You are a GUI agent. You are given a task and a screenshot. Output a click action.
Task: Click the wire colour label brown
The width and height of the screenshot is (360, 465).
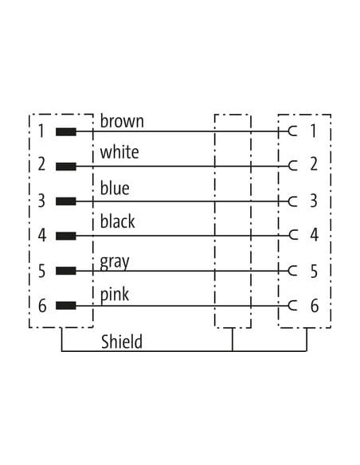click(x=122, y=121)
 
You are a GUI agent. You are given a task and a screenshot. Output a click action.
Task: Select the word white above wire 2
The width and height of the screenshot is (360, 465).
click(x=119, y=152)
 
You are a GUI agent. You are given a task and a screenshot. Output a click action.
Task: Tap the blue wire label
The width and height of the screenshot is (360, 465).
click(x=115, y=188)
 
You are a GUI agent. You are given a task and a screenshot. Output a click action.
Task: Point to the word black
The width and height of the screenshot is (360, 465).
click(x=117, y=221)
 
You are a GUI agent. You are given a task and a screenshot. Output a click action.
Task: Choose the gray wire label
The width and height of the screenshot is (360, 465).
click(x=115, y=263)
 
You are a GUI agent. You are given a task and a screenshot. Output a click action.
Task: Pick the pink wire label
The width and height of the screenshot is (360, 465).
click(x=115, y=295)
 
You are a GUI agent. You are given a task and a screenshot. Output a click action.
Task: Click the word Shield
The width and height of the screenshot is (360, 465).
click(x=122, y=342)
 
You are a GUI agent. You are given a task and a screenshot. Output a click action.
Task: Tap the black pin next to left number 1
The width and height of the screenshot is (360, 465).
click(x=66, y=131)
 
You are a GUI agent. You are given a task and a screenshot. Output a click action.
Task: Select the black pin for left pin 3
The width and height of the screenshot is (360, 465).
click(x=66, y=201)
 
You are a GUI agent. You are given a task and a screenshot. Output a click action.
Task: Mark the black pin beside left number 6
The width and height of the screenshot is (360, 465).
click(x=66, y=306)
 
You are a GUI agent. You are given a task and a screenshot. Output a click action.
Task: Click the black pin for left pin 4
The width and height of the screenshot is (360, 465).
click(x=66, y=236)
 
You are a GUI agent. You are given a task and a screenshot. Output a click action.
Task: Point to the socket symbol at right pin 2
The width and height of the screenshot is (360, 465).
click(x=292, y=166)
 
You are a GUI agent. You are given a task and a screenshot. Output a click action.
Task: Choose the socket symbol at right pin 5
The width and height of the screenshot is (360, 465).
click(x=292, y=271)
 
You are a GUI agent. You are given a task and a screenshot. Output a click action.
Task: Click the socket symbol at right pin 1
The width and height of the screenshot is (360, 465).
click(x=292, y=131)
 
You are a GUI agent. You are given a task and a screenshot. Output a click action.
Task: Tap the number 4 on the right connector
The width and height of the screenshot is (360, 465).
click(x=315, y=235)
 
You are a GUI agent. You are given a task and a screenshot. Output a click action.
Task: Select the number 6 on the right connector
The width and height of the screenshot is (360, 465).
click(x=315, y=306)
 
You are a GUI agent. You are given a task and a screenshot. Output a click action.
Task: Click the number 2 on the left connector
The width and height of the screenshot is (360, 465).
click(x=41, y=164)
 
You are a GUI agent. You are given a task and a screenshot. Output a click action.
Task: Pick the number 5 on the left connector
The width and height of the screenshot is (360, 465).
click(x=41, y=271)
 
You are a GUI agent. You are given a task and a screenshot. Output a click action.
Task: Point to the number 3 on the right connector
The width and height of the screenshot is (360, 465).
click(x=314, y=201)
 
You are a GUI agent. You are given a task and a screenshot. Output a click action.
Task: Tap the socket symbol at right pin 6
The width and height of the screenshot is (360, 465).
click(x=292, y=306)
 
